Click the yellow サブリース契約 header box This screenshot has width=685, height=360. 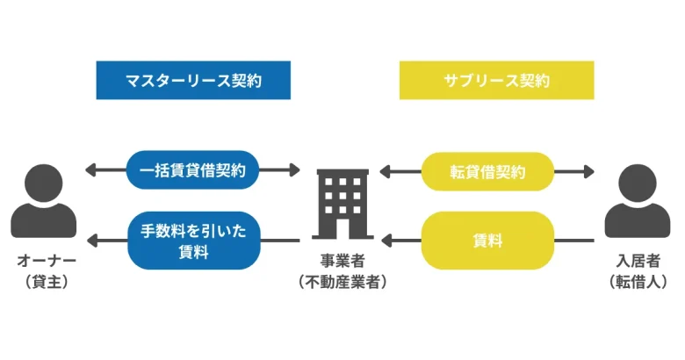click(496, 80)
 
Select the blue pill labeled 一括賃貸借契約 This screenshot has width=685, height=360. click(192, 169)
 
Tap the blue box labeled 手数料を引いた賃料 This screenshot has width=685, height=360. click(192, 240)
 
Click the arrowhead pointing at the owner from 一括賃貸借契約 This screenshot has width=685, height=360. click(90, 169)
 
